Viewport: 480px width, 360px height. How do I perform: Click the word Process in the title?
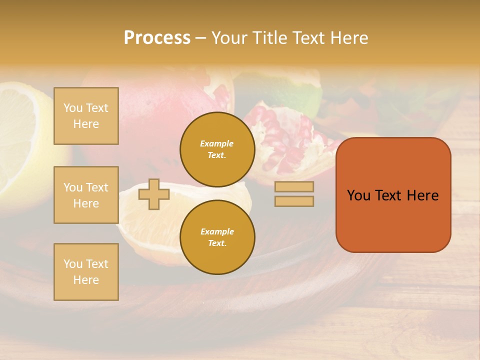157,38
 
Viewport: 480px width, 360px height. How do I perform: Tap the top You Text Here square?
86,116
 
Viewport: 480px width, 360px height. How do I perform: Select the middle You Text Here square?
86,195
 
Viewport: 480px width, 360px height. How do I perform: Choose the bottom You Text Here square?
86,271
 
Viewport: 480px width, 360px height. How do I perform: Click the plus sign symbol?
153,194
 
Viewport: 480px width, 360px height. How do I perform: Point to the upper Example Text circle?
217,149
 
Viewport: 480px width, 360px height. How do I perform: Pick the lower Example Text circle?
217,237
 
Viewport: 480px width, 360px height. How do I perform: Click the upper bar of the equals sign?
294,187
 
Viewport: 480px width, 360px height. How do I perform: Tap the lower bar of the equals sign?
294,201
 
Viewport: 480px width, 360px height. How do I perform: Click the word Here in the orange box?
422,195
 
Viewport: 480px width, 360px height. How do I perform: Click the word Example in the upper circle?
216,143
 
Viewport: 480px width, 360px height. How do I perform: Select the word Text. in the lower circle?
217,243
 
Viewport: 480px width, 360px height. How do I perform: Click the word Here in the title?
348,38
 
